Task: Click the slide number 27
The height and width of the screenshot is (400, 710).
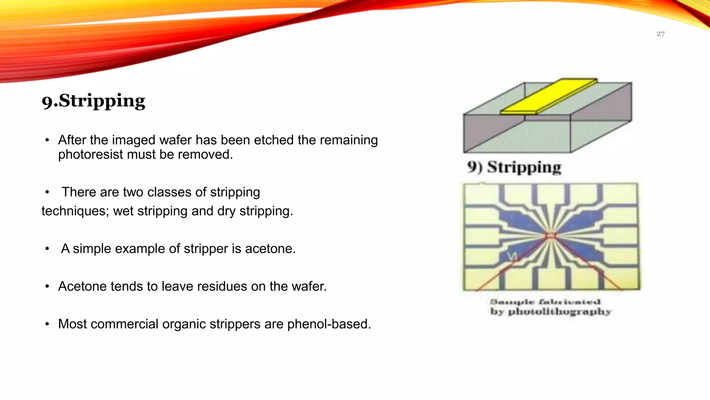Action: tap(660, 34)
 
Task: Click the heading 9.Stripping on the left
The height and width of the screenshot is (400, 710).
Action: tap(94, 101)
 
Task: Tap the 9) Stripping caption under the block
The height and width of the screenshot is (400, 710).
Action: tap(514, 167)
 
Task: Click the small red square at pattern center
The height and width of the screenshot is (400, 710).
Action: tap(550, 236)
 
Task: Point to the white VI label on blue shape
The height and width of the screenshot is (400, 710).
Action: tap(512, 256)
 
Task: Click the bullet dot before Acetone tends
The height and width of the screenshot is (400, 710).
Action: tap(47, 286)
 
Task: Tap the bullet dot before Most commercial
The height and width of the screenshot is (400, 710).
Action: tap(47, 324)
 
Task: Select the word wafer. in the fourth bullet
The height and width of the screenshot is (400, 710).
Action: tap(309, 286)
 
